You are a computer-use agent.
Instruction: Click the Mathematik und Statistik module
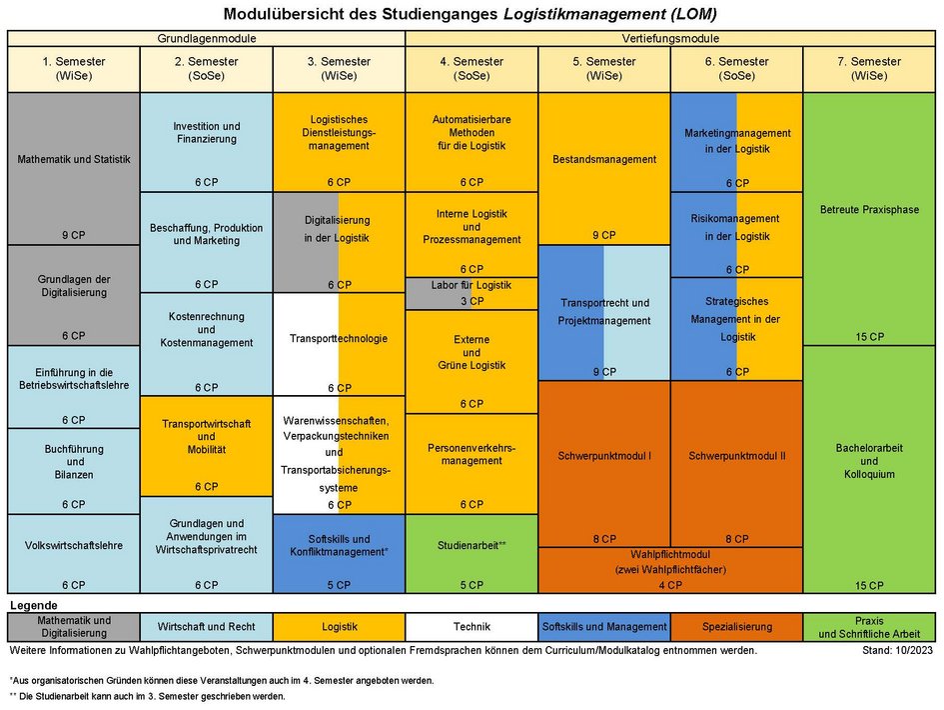click(73, 158)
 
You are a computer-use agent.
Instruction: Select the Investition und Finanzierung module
click(206, 133)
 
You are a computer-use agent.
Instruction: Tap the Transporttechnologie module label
click(338, 338)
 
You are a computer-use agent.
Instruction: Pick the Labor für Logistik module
click(471, 285)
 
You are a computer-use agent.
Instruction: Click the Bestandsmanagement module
click(603, 159)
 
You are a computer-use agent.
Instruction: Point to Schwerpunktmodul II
click(736, 456)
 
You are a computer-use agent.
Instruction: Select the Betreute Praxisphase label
click(869, 210)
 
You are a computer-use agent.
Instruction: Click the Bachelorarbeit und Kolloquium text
click(869, 461)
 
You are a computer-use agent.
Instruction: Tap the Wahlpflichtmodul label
click(669, 553)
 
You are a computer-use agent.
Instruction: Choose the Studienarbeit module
click(472, 545)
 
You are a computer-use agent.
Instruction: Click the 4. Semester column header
click(472, 68)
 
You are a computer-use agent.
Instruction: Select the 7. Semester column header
click(869, 68)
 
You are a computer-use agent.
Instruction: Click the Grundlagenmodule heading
click(206, 38)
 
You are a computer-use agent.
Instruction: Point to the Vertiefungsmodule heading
click(670, 38)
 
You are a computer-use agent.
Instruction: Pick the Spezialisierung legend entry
click(736, 627)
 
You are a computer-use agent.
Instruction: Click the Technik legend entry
click(472, 627)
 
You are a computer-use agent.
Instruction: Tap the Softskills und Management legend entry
click(603, 627)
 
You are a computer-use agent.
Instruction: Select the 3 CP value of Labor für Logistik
click(472, 301)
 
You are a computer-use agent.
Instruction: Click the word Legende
click(33, 606)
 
